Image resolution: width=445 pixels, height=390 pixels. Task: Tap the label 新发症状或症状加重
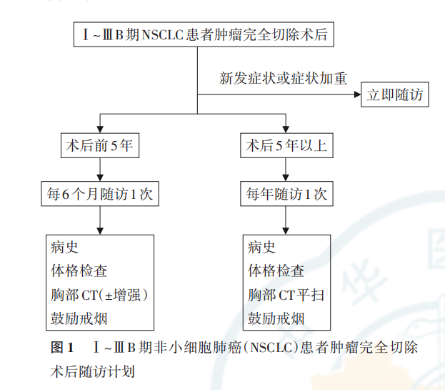(x=283, y=78)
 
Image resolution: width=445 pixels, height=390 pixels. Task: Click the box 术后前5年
(x=99, y=145)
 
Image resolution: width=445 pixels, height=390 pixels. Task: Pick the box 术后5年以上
(x=286, y=145)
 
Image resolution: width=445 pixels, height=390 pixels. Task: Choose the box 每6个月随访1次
(x=99, y=193)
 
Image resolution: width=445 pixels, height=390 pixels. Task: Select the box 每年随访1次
(x=286, y=193)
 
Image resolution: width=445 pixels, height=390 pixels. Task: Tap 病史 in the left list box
(x=64, y=248)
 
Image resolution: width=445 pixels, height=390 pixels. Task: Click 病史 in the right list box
(x=261, y=248)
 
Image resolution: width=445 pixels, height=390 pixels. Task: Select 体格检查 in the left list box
(x=79, y=271)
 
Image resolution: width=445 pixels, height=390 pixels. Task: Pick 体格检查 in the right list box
(x=276, y=271)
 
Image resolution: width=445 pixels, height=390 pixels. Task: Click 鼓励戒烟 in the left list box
(x=79, y=318)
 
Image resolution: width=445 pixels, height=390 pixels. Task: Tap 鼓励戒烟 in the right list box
(x=276, y=318)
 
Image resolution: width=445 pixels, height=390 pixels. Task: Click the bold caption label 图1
(x=63, y=348)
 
